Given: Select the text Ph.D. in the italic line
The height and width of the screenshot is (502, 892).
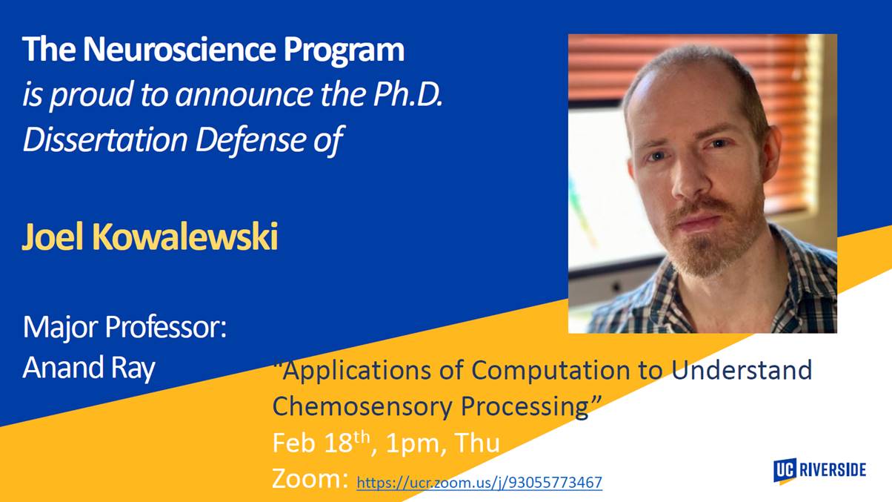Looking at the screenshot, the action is coord(407,95).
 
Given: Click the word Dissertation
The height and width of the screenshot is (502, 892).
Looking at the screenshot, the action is coord(105,139).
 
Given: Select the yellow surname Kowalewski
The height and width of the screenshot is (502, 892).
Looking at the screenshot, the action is coord(184,236).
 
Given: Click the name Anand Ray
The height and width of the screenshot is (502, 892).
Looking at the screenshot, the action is coord(89,368).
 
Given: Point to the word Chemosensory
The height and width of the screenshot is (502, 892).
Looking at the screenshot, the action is coord(362,406).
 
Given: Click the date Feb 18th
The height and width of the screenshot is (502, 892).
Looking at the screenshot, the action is coord(322,442).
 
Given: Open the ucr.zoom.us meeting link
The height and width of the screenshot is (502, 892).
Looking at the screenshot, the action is coord(479,483).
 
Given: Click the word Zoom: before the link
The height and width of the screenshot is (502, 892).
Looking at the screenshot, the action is coord(310,478).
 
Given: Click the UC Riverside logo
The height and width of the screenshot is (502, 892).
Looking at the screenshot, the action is coord(819,470).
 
